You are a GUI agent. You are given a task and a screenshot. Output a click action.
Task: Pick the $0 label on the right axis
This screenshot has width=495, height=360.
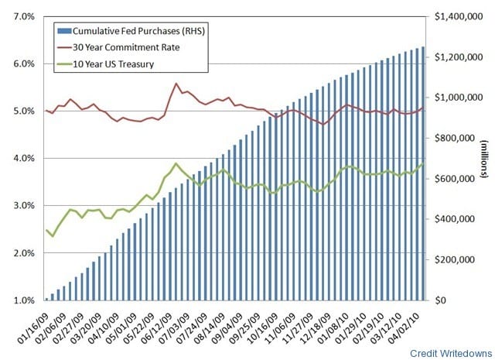tap(442, 300)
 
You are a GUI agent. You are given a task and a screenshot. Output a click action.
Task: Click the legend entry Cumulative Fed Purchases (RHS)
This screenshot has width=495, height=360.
tap(128, 32)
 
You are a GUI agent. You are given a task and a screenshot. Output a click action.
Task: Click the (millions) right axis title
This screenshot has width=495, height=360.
tap(482, 159)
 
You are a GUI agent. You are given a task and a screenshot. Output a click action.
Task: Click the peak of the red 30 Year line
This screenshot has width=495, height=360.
tap(177, 84)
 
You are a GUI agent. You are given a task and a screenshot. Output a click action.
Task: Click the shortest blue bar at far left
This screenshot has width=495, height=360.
tap(46, 299)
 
